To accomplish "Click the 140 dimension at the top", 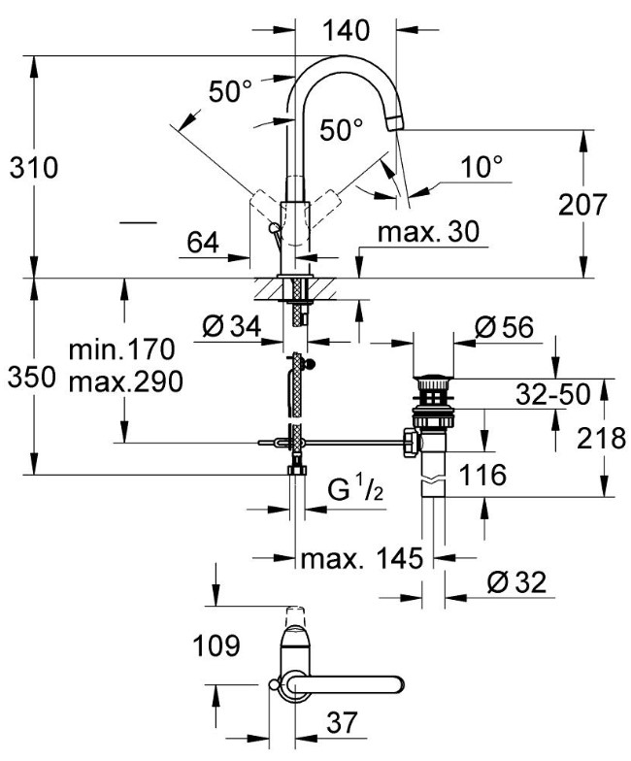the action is pos(346,30).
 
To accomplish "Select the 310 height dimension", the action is pos(33,167).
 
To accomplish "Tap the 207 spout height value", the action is pos(582,204).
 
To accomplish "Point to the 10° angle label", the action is pos(482,166).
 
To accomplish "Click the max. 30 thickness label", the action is pos(429,231).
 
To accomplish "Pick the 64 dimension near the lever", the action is pos(204,243).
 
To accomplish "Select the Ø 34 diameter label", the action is pos(232,326).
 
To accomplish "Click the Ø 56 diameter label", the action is pos(504,327).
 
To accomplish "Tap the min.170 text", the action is pos(122,349).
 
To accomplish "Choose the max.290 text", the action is pos(126,381).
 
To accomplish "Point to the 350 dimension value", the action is pos(31,377).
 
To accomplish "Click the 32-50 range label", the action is pos(553,394).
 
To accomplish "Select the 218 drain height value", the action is pos(602,439).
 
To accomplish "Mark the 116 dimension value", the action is pos(482,476).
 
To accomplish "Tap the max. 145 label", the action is pos(362,558).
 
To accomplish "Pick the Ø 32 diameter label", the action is pos(516,581).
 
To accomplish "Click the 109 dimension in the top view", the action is pos(216,645).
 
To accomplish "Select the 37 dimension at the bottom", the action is pos(342,722).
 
